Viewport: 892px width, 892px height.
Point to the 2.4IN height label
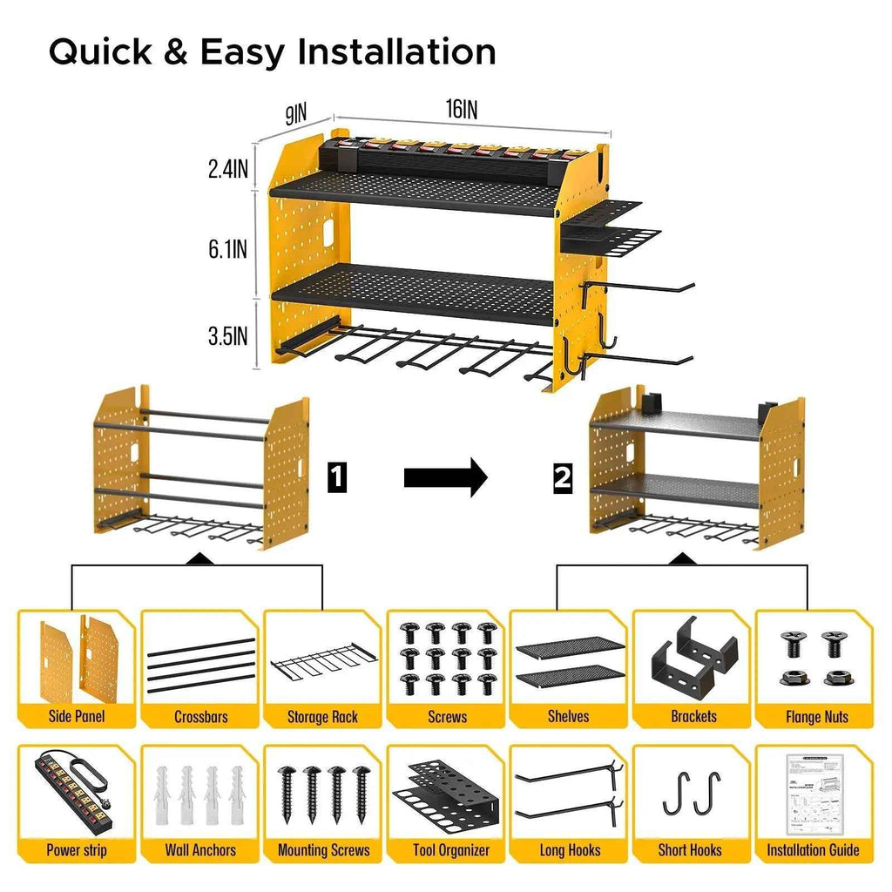228,169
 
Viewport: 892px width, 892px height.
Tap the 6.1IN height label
227,250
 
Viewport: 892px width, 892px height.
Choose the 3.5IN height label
228,336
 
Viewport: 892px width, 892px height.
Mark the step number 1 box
336,477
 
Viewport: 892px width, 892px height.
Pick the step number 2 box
563,477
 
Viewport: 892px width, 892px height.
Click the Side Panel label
78,717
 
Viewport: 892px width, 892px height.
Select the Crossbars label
201,717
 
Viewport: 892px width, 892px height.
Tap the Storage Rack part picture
323,666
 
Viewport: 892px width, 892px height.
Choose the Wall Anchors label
200,850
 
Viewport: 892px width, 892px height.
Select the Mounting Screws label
323,850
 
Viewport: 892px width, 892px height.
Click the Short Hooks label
692,850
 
